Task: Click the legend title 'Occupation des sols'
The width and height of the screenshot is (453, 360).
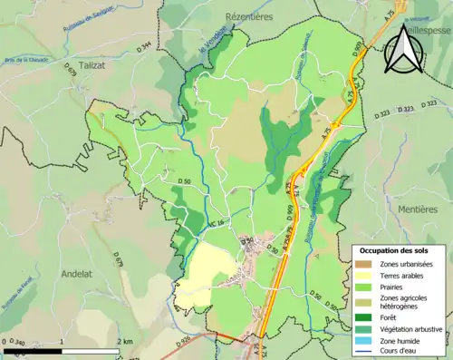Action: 396,250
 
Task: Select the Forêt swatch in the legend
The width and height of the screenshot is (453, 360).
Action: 362,317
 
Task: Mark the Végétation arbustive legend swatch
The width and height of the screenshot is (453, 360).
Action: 362,329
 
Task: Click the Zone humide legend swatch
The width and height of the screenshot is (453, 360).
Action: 362,341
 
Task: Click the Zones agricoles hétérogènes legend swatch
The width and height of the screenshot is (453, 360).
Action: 362,302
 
